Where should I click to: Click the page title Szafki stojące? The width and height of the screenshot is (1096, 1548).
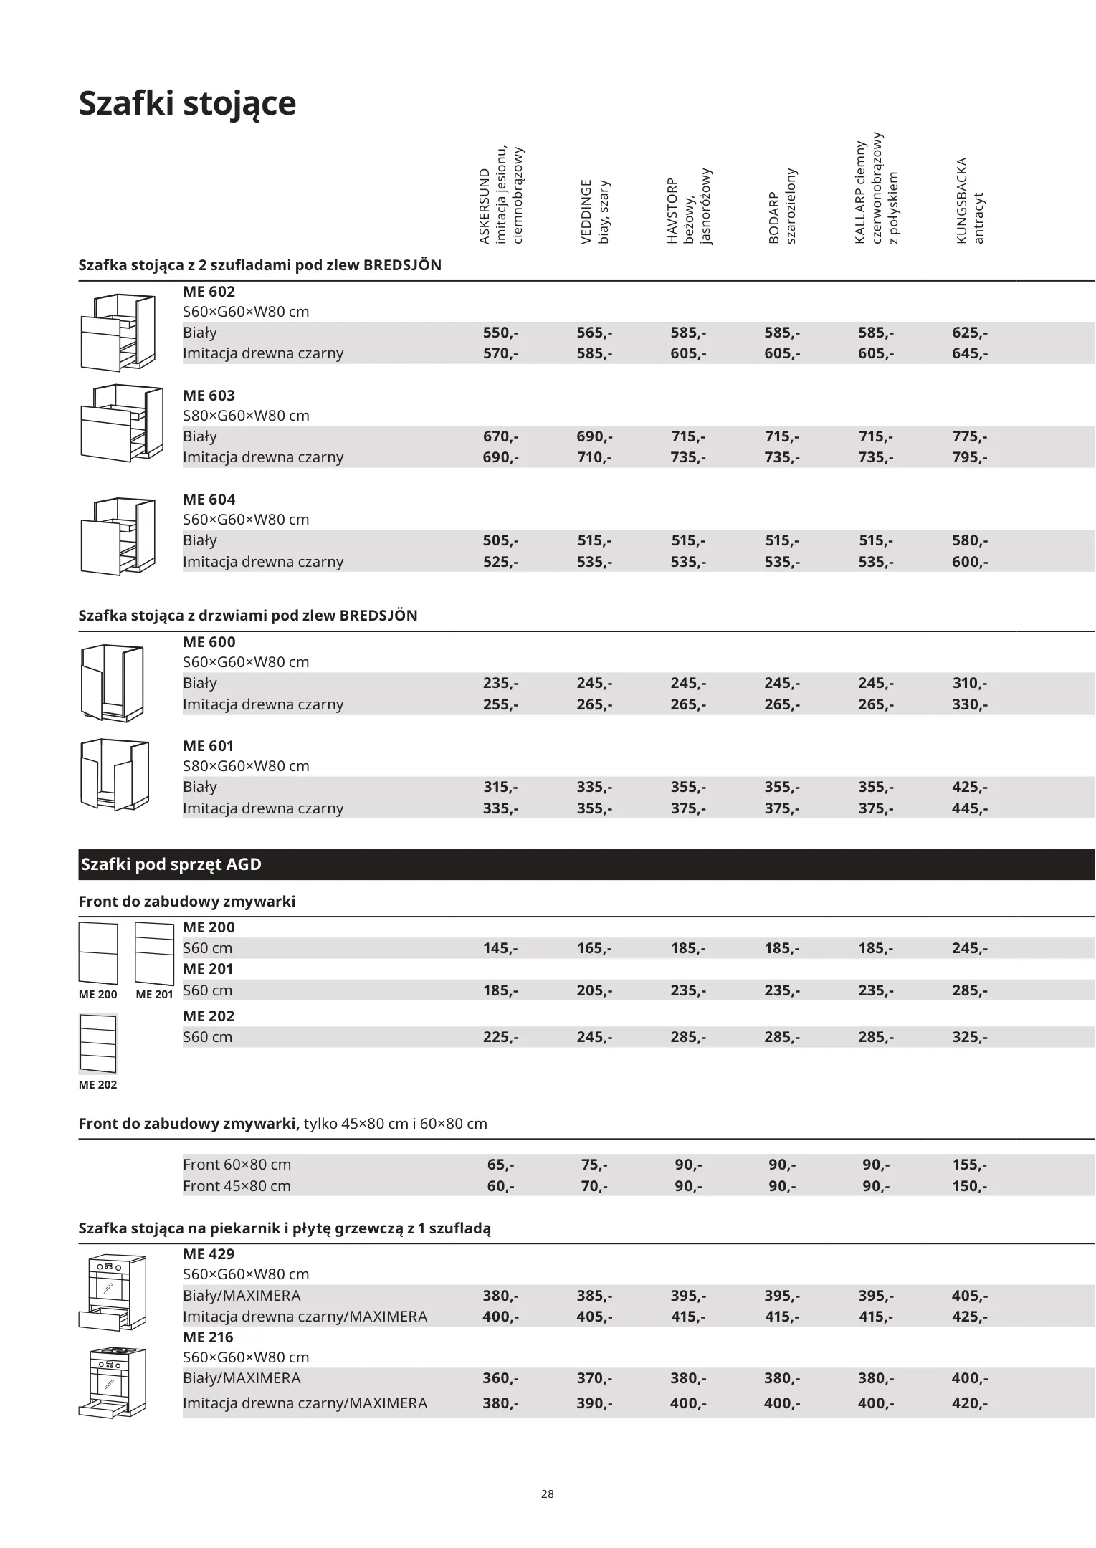(187, 103)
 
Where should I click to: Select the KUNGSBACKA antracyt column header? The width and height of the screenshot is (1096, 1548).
(970, 201)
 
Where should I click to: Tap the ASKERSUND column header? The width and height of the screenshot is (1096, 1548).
(501, 196)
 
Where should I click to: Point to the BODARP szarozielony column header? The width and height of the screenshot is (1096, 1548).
(782, 207)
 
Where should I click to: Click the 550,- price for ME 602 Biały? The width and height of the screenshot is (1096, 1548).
(500, 333)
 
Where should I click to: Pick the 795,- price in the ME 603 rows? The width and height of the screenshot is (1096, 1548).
(969, 457)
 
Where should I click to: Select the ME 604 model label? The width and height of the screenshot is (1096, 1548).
(209, 500)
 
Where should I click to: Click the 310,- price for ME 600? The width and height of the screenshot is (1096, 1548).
(969, 683)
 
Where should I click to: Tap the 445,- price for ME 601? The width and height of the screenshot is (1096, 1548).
(969, 808)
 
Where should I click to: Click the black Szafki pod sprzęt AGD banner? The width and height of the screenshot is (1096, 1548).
(586, 864)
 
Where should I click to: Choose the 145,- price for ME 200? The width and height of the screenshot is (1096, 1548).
(500, 948)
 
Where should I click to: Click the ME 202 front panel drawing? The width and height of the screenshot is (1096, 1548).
(97, 1042)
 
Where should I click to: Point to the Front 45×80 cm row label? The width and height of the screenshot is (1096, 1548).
(237, 1185)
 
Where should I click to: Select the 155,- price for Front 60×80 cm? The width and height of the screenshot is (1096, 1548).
(969, 1165)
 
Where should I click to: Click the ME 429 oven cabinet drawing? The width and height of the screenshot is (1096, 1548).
(113, 1292)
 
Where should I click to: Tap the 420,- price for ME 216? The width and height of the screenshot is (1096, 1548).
(969, 1403)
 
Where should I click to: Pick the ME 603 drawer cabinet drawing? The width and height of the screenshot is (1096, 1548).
(121, 424)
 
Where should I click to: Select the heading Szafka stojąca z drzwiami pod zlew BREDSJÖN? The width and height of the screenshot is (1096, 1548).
(248, 616)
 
